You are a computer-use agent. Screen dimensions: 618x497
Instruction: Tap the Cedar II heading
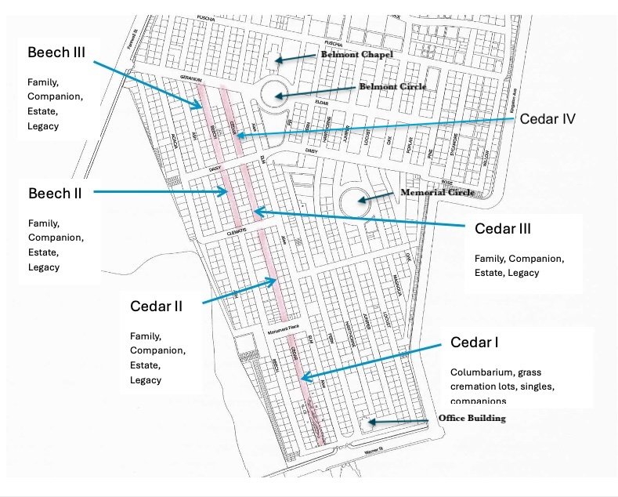(156, 306)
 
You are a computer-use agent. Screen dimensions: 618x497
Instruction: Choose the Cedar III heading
(503, 229)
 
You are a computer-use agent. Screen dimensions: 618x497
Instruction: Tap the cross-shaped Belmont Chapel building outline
(276, 60)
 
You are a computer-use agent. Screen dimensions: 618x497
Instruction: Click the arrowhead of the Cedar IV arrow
(237, 136)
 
